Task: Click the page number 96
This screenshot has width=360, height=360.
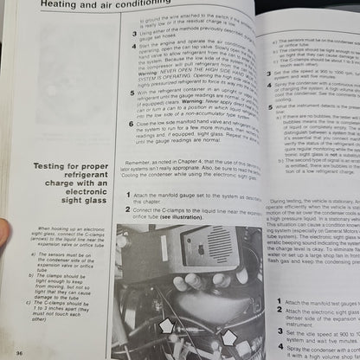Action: point(19,352)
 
